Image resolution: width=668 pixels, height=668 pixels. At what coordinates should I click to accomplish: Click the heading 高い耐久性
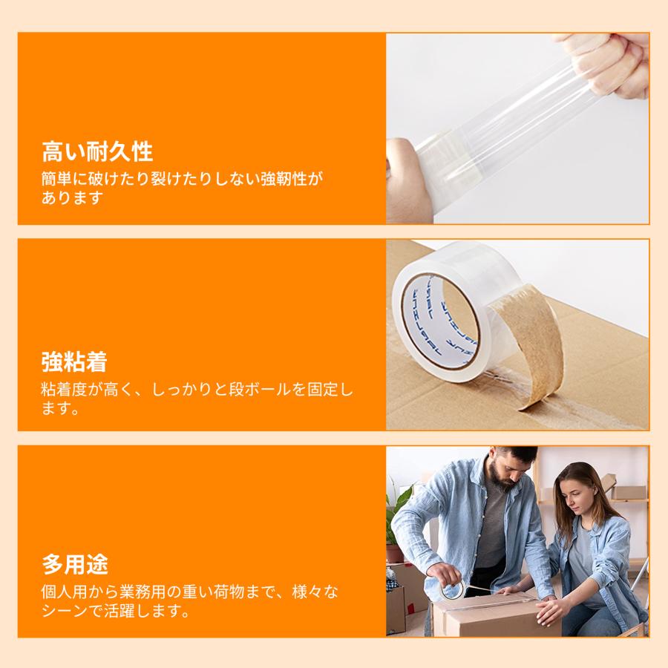(x=97, y=152)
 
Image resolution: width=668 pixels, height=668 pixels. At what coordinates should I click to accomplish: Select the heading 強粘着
(x=74, y=362)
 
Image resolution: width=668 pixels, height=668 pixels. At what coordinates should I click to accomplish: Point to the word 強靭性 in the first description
(x=283, y=179)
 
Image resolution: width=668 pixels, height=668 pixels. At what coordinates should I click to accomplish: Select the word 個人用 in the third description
(x=64, y=592)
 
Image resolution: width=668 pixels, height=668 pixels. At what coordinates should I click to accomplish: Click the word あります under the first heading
(x=71, y=198)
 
